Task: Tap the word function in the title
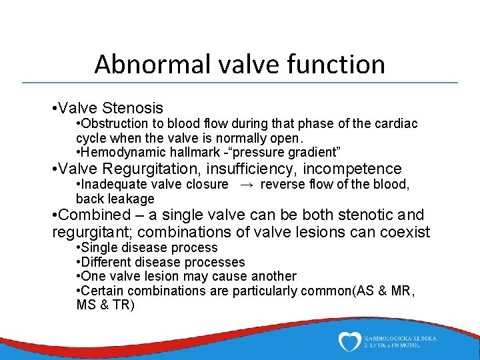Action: (x=342, y=65)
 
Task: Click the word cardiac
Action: (x=398, y=124)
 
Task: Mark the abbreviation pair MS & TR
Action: (x=105, y=305)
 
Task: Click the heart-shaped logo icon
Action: (x=349, y=341)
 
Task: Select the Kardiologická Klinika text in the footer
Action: (x=401, y=338)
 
